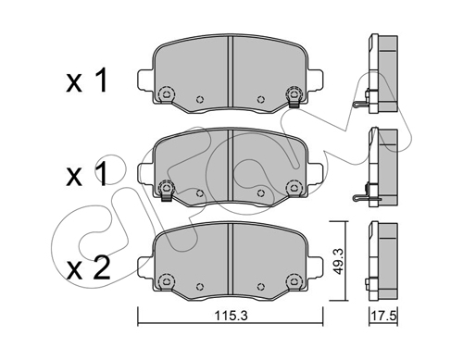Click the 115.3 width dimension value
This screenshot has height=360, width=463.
click(231, 316)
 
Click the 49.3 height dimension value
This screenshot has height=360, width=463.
click(339, 261)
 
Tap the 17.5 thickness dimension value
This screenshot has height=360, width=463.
click(383, 316)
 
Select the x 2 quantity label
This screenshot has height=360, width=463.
click(88, 267)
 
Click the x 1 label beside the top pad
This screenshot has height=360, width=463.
click(87, 81)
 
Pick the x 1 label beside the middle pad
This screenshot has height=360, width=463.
click(87, 175)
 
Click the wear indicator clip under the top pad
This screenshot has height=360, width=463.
click(294, 104)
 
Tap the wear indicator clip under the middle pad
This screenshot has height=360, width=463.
click(166, 196)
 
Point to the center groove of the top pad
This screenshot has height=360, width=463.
click(230, 72)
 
